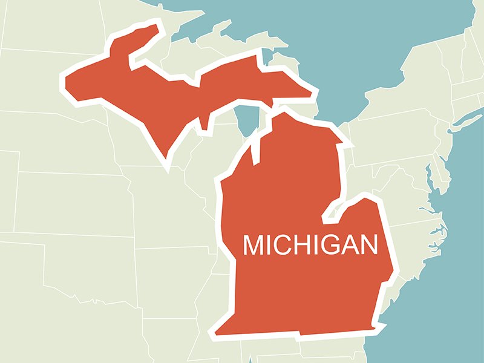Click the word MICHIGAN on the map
coord(310,245)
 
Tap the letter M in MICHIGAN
coord(254,245)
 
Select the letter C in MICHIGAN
coord(283,245)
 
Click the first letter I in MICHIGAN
coord(270,245)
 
